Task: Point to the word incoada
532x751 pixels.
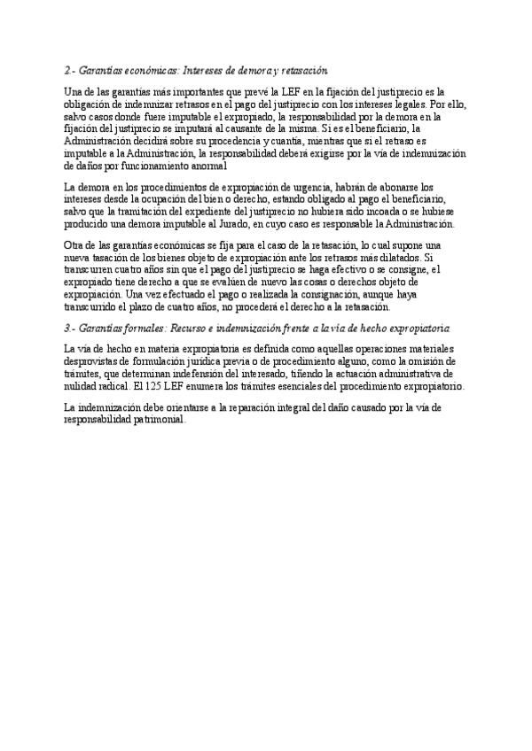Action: click(351, 213)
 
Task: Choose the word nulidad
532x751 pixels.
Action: click(83, 386)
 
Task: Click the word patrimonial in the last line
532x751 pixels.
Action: click(160, 421)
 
